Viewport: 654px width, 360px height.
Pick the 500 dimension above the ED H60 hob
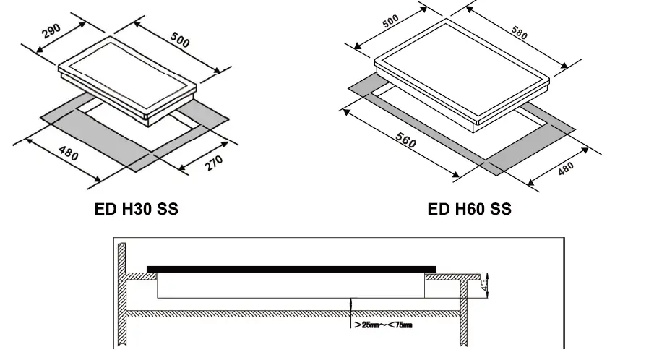point(391,22)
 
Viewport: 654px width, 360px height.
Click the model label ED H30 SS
point(136,210)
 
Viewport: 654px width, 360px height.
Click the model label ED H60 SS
point(469,210)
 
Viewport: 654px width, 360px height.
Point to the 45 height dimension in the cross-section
point(485,285)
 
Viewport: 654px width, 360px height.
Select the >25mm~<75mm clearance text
point(382,326)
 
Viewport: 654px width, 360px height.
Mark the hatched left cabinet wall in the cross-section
point(122,296)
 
